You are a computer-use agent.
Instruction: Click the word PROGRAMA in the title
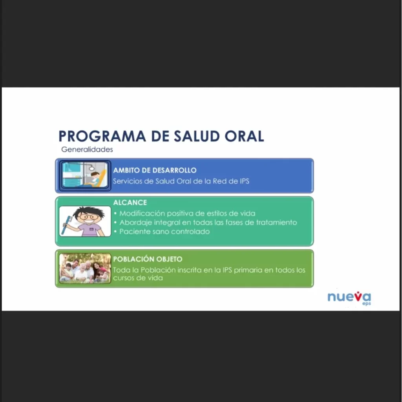tap(102, 136)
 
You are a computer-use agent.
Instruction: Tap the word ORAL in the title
tap(244, 136)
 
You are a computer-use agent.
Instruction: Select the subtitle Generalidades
tap(87, 150)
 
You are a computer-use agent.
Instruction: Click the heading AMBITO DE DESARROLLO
tap(155, 170)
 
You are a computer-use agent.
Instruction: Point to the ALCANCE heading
tap(130, 203)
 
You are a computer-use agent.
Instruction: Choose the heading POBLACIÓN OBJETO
tap(148, 259)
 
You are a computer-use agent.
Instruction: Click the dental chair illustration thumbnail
tap(85, 175)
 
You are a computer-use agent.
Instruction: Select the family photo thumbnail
tap(85, 269)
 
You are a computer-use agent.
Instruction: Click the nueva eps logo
tap(349, 298)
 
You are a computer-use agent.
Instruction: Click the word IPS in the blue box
tap(245, 181)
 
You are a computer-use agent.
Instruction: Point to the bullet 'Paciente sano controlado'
tap(164, 232)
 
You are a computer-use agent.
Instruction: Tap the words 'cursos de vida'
tap(138, 278)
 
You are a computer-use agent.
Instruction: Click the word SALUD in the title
tap(197, 136)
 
